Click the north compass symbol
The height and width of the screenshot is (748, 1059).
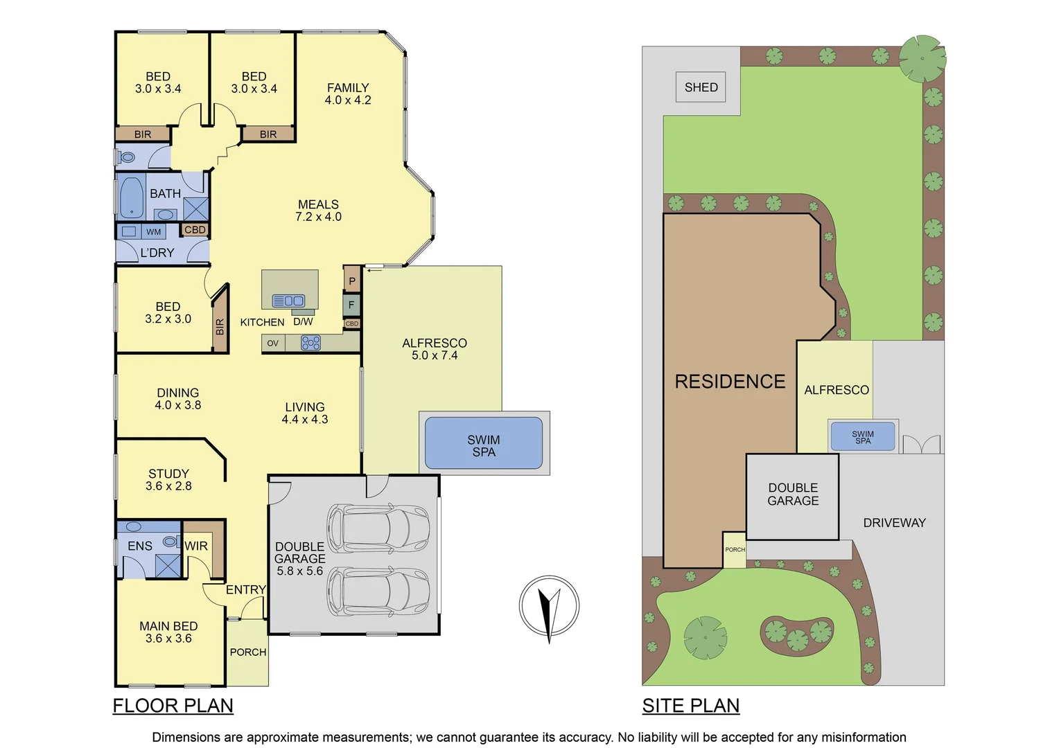(549, 606)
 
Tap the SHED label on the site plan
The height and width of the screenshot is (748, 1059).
(701, 87)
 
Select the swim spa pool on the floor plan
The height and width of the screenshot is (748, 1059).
(483, 443)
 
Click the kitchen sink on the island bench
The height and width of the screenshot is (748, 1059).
(288, 301)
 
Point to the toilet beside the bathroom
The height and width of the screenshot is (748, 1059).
(127, 157)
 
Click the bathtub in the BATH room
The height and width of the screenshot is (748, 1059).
(131, 197)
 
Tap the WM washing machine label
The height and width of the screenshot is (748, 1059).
(153, 232)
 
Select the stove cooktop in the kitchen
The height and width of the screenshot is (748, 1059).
(310, 343)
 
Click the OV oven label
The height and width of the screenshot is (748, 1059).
(272, 344)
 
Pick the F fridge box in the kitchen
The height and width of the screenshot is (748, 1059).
(351, 305)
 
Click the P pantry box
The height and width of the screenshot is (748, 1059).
(352, 280)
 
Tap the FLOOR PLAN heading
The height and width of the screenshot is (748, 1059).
(173, 706)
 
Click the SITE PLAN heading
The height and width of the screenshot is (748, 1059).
(690, 706)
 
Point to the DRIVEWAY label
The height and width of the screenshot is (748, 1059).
(894, 523)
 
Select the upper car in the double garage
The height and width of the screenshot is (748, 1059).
(378, 526)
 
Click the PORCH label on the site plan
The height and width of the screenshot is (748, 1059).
(735, 549)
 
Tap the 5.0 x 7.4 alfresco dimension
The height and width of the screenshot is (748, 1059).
(435, 355)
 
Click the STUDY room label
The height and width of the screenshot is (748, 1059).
(168, 474)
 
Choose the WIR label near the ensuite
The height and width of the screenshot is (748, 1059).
(196, 546)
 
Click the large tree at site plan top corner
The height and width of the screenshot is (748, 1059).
(922, 58)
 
